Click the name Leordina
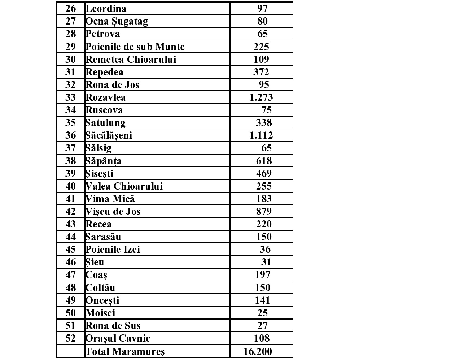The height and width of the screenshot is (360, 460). [106, 8]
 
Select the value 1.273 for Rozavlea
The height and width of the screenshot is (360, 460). [261, 97]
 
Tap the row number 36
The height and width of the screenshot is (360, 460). [71, 135]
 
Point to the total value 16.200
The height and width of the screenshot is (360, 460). [258, 351]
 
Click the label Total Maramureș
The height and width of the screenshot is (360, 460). [125, 351]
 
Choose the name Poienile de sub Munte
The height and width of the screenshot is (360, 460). [135, 47]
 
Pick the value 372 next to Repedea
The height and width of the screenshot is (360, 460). [261, 72]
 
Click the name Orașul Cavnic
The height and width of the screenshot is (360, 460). [118, 338]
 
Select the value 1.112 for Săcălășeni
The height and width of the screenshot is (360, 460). [261, 135]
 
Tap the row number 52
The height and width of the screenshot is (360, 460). [71, 338]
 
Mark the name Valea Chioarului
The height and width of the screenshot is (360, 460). [124, 186]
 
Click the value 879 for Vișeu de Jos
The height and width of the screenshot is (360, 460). [264, 212]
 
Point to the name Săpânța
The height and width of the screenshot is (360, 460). [104, 161]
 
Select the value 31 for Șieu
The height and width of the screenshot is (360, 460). [266, 262]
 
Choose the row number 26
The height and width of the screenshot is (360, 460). [71, 8]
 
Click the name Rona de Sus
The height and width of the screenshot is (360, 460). [113, 326]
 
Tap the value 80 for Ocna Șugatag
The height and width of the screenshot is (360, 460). [262, 21]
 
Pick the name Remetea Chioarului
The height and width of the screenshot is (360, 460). [131, 59]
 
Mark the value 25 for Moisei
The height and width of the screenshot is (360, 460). [262, 313]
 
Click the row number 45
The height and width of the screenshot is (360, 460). [71, 250]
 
